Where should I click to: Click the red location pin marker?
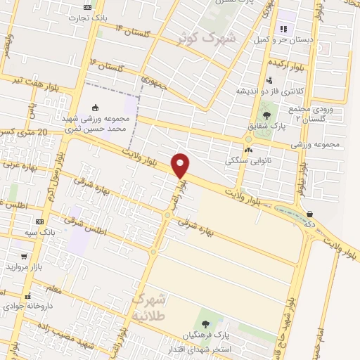point(181,165)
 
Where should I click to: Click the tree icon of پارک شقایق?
point(266,115)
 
